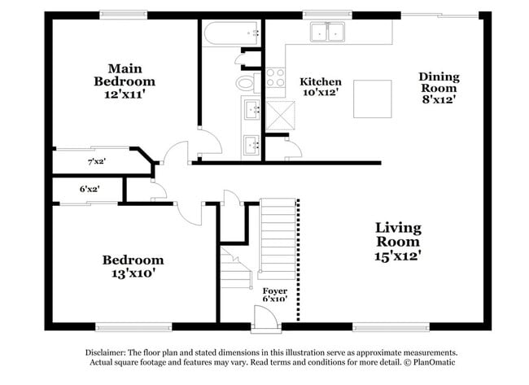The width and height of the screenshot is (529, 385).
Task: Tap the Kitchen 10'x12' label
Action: (321, 87)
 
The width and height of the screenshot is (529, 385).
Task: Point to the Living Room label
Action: (398, 241)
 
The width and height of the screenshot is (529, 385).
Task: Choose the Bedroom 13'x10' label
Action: (132, 267)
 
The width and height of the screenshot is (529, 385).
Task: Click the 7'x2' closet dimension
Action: (97, 162)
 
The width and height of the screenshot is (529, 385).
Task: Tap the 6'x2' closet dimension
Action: (89, 189)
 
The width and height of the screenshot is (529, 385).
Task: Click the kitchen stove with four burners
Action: (275, 77)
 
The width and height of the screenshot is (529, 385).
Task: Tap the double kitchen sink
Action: (328, 32)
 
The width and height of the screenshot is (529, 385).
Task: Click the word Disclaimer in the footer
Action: (111, 353)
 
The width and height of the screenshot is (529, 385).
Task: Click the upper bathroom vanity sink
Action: (251, 107)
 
